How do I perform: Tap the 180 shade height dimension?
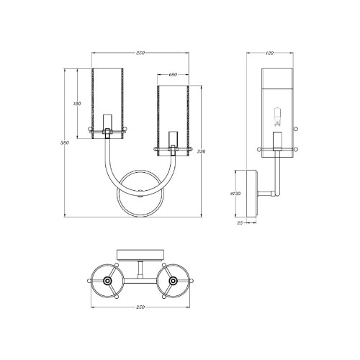tap(78, 104)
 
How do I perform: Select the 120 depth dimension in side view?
tap(271, 53)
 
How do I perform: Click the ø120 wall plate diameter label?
tap(234, 193)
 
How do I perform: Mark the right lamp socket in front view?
tap(172, 140)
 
